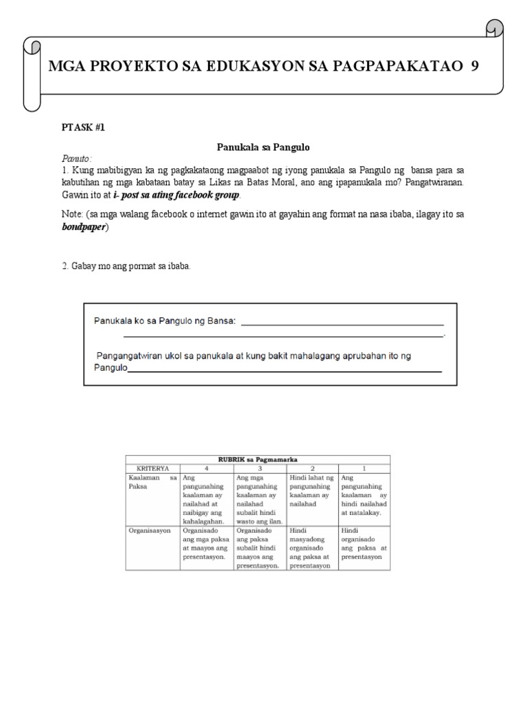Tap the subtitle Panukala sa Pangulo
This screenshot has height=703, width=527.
coord(263,147)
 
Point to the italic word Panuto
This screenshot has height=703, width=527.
coord(76,159)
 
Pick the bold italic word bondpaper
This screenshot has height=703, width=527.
coord(85,227)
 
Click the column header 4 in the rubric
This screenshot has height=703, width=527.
coord(206,467)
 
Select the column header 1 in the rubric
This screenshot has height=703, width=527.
coord(364,467)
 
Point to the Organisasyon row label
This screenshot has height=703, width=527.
coord(148,530)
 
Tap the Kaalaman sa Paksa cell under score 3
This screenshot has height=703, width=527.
coord(259,498)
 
